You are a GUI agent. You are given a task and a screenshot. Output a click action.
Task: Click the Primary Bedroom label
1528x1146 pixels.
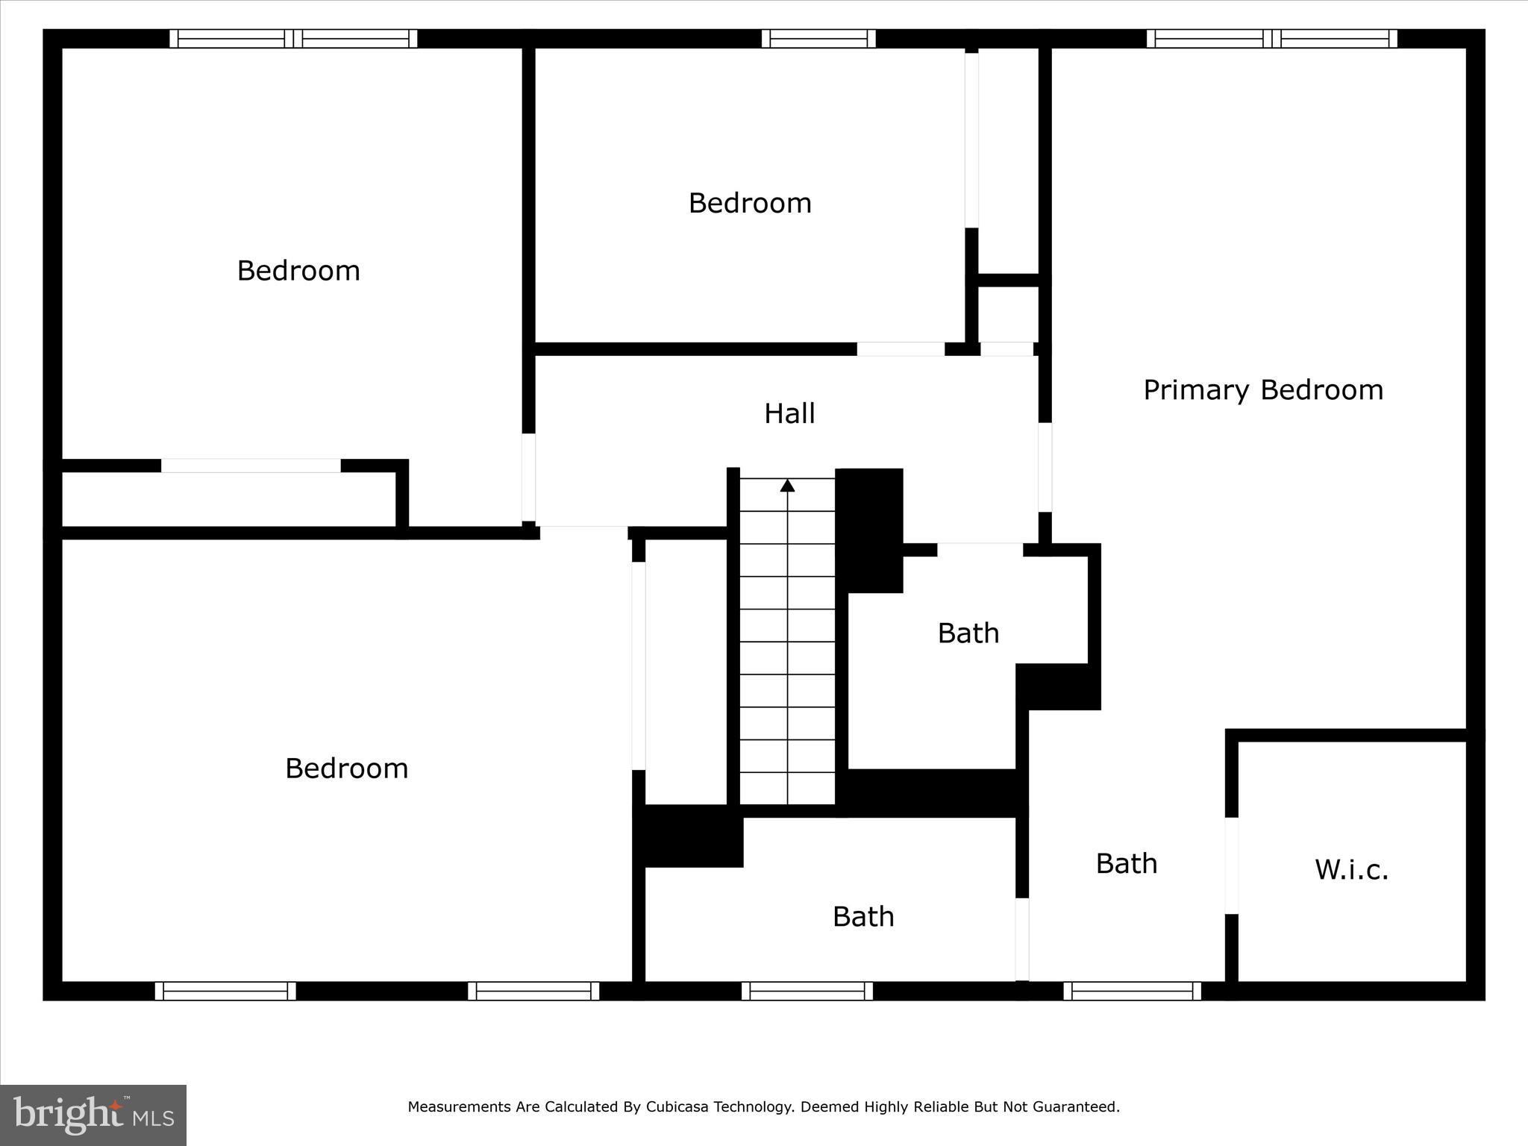(x=1263, y=390)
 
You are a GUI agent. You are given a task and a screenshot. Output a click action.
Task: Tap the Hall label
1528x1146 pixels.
(x=789, y=413)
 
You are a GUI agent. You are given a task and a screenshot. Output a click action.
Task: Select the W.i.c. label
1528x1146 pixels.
(x=1351, y=870)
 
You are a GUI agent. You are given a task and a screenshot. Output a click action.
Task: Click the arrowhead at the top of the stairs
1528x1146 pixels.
(x=787, y=486)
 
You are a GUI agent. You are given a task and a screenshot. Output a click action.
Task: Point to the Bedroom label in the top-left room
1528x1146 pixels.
(x=298, y=270)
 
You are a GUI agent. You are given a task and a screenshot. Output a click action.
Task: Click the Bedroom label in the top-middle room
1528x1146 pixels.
(x=750, y=203)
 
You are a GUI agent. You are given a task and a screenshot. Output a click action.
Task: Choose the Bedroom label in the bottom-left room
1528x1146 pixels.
(x=347, y=768)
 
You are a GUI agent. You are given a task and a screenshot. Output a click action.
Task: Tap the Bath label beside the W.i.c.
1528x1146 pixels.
(x=1127, y=863)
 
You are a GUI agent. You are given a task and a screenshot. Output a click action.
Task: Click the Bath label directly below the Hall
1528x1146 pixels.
(x=968, y=633)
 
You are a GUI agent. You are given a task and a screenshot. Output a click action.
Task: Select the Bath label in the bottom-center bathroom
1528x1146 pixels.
(x=863, y=916)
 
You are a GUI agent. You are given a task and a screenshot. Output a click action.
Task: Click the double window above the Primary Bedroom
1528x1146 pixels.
(x=1272, y=39)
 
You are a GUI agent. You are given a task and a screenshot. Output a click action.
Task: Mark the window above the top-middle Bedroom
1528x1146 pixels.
(x=818, y=39)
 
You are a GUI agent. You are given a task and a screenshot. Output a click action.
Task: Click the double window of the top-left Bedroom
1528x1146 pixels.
(x=293, y=39)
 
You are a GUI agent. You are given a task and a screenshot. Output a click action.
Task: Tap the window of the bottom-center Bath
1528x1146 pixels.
(x=807, y=991)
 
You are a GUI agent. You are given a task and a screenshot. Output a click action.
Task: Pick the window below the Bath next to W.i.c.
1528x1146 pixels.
(x=1132, y=991)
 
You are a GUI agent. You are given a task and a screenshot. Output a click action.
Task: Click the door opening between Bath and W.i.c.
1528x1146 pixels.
(x=1231, y=865)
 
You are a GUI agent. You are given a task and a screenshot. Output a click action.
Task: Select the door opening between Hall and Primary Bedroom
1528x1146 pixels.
(x=1045, y=467)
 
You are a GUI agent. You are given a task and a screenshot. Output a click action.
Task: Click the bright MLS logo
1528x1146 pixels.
(x=93, y=1115)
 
